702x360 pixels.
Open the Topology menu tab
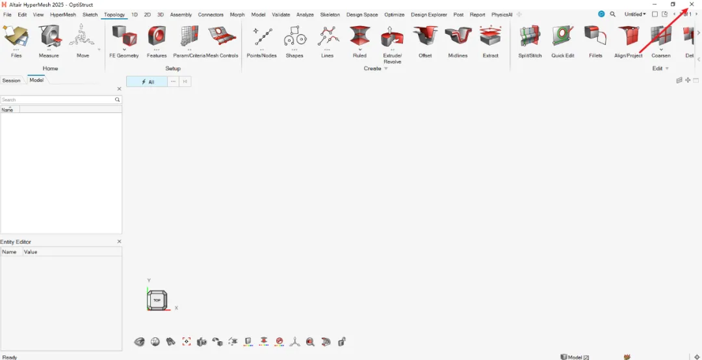point(114,14)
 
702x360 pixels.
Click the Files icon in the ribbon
point(16,37)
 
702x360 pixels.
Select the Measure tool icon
point(49,37)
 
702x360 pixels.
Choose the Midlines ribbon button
point(458,37)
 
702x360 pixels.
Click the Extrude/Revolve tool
point(392,37)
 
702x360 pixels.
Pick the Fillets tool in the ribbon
point(595,37)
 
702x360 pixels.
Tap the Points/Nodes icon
point(262,37)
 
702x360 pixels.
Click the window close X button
point(692,5)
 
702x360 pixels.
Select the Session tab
point(12,81)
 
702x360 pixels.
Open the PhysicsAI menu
point(502,14)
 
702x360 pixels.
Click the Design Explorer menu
point(429,14)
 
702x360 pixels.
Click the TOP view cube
point(157,300)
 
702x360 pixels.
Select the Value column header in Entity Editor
point(31,251)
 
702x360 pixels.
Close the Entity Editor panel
point(119,242)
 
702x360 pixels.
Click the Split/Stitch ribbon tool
point(530,37)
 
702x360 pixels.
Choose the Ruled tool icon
point(359,37)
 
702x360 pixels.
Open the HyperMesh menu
point(63,14)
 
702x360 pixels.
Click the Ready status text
point(10,357)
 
